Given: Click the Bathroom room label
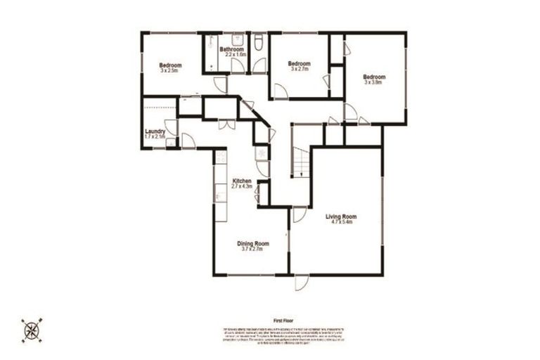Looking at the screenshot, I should (231, 49).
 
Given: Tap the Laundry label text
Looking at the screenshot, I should (155, 131).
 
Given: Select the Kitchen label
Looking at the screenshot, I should (242, 181).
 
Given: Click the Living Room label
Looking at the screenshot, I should (341, 217).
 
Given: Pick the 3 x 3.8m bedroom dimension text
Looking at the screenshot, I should (373, 82).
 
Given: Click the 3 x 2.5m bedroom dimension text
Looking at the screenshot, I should (170, 70).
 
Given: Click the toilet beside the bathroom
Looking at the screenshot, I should (259, 44).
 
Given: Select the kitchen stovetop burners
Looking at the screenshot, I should (262, 153).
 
